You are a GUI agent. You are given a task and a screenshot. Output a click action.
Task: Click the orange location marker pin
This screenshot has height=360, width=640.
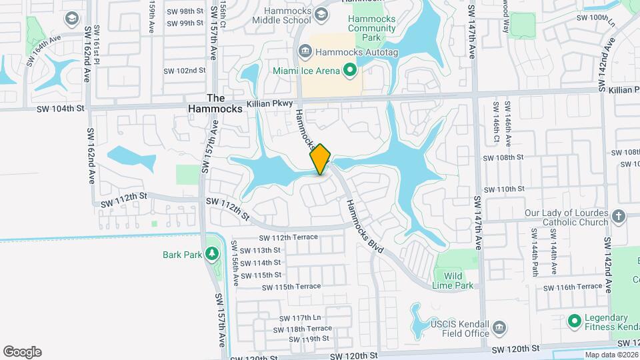point(321,159)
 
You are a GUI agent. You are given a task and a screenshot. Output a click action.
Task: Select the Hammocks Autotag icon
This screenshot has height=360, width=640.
point(305,51)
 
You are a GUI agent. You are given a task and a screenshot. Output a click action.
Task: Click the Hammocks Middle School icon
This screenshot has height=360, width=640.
point(321,15)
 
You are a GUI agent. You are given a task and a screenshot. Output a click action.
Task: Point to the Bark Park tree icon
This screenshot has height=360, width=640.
point(212,253)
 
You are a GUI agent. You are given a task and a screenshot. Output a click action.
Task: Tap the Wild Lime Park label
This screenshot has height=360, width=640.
point(454,281)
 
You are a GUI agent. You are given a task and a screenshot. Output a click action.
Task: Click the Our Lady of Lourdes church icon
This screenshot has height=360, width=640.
point(619,216)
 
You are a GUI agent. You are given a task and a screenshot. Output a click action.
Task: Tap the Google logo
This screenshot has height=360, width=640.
point(22,351)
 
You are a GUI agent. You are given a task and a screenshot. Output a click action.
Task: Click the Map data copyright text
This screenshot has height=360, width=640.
point(611,355)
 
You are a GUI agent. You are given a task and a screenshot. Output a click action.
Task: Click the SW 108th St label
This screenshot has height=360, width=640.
point(504,157)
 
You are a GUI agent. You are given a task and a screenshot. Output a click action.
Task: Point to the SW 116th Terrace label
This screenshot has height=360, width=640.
point(573,287)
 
